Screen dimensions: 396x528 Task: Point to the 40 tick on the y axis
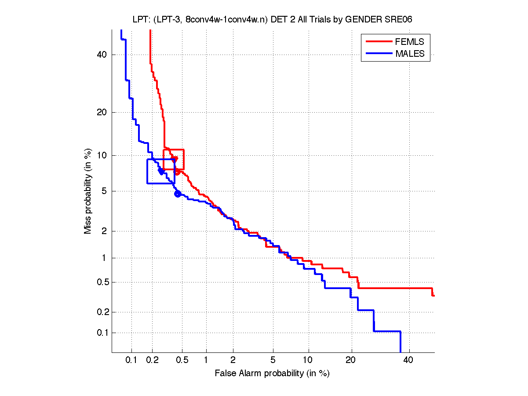(102, 55)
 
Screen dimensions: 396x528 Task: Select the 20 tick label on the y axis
(102, 112)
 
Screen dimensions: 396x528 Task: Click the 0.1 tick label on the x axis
(131, 360)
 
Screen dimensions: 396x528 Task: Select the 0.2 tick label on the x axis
(153, 360)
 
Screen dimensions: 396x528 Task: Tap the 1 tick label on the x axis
(206, 360)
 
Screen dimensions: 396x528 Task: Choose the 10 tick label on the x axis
(309, 360)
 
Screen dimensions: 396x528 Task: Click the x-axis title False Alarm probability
(272, 374)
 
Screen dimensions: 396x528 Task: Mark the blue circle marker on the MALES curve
(178, 194)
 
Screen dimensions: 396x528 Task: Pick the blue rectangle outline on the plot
(147, 171)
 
